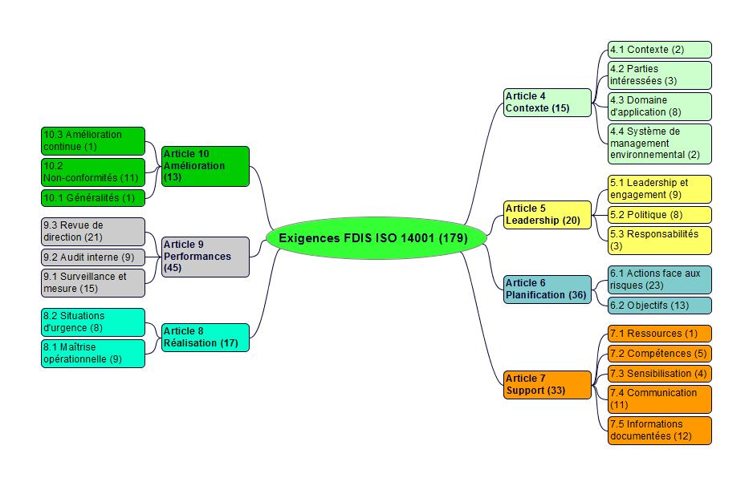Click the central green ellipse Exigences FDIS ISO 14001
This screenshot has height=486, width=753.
376,238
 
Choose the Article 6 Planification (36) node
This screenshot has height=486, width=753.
547,290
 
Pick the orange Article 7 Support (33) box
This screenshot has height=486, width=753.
547,385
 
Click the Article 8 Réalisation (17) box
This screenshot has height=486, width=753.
205,337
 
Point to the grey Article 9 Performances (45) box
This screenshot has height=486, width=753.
205,257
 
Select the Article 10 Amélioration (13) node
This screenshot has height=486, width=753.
205,166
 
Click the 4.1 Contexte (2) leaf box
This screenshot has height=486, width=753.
659,50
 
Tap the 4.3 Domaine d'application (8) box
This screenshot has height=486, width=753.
659,107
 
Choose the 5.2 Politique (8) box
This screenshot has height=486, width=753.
659,215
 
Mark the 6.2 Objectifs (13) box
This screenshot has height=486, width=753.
659,306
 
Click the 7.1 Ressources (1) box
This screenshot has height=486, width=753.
659,334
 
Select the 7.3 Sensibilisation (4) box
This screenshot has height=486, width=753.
659,374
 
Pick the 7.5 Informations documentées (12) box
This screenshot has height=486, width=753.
659,430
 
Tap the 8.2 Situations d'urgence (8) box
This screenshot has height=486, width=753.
93,322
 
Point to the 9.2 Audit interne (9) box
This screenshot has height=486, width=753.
93,257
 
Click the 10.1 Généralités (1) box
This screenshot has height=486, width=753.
93,197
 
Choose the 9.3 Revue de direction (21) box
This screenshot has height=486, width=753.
93,232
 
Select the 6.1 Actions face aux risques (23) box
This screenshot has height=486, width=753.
659,279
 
